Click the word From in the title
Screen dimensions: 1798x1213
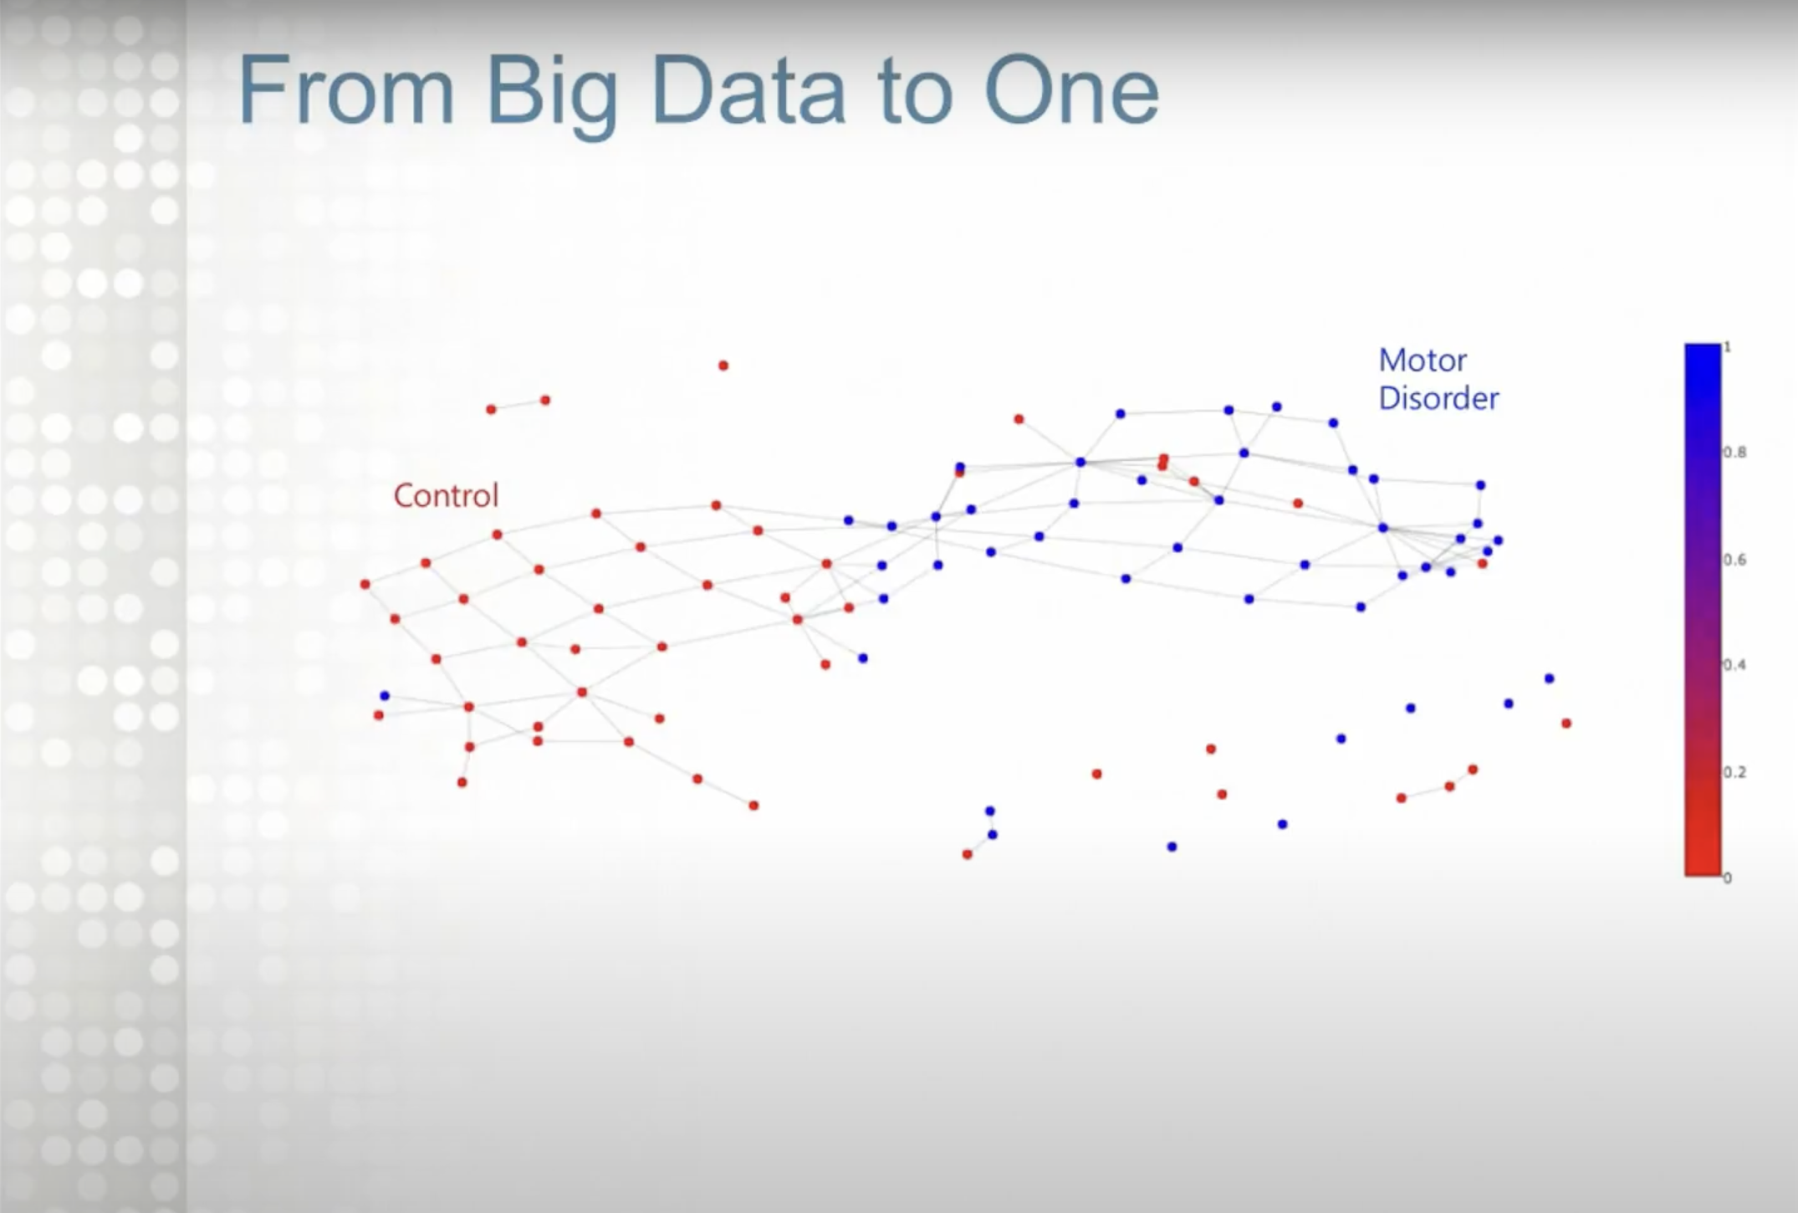346,90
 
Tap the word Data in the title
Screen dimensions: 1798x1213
747,90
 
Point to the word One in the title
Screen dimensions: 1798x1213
1072,90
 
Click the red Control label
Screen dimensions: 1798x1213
446,495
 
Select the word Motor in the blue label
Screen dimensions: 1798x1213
1422,361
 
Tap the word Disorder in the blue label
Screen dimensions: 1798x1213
1438,398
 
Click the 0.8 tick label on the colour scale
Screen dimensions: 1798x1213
1734,453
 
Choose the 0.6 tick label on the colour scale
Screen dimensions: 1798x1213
1734,559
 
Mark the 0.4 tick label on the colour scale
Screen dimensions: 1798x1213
1734,665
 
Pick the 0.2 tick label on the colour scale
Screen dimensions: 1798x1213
1734,771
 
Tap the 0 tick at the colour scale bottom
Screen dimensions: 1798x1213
1728,878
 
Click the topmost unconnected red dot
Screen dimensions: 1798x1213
723,366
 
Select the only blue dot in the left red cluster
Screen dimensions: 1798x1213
385,696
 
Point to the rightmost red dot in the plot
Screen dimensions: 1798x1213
1566,724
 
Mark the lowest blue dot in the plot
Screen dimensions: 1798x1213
1172,847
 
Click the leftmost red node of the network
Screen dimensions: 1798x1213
365,584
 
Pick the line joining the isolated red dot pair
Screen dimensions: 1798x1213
518,405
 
